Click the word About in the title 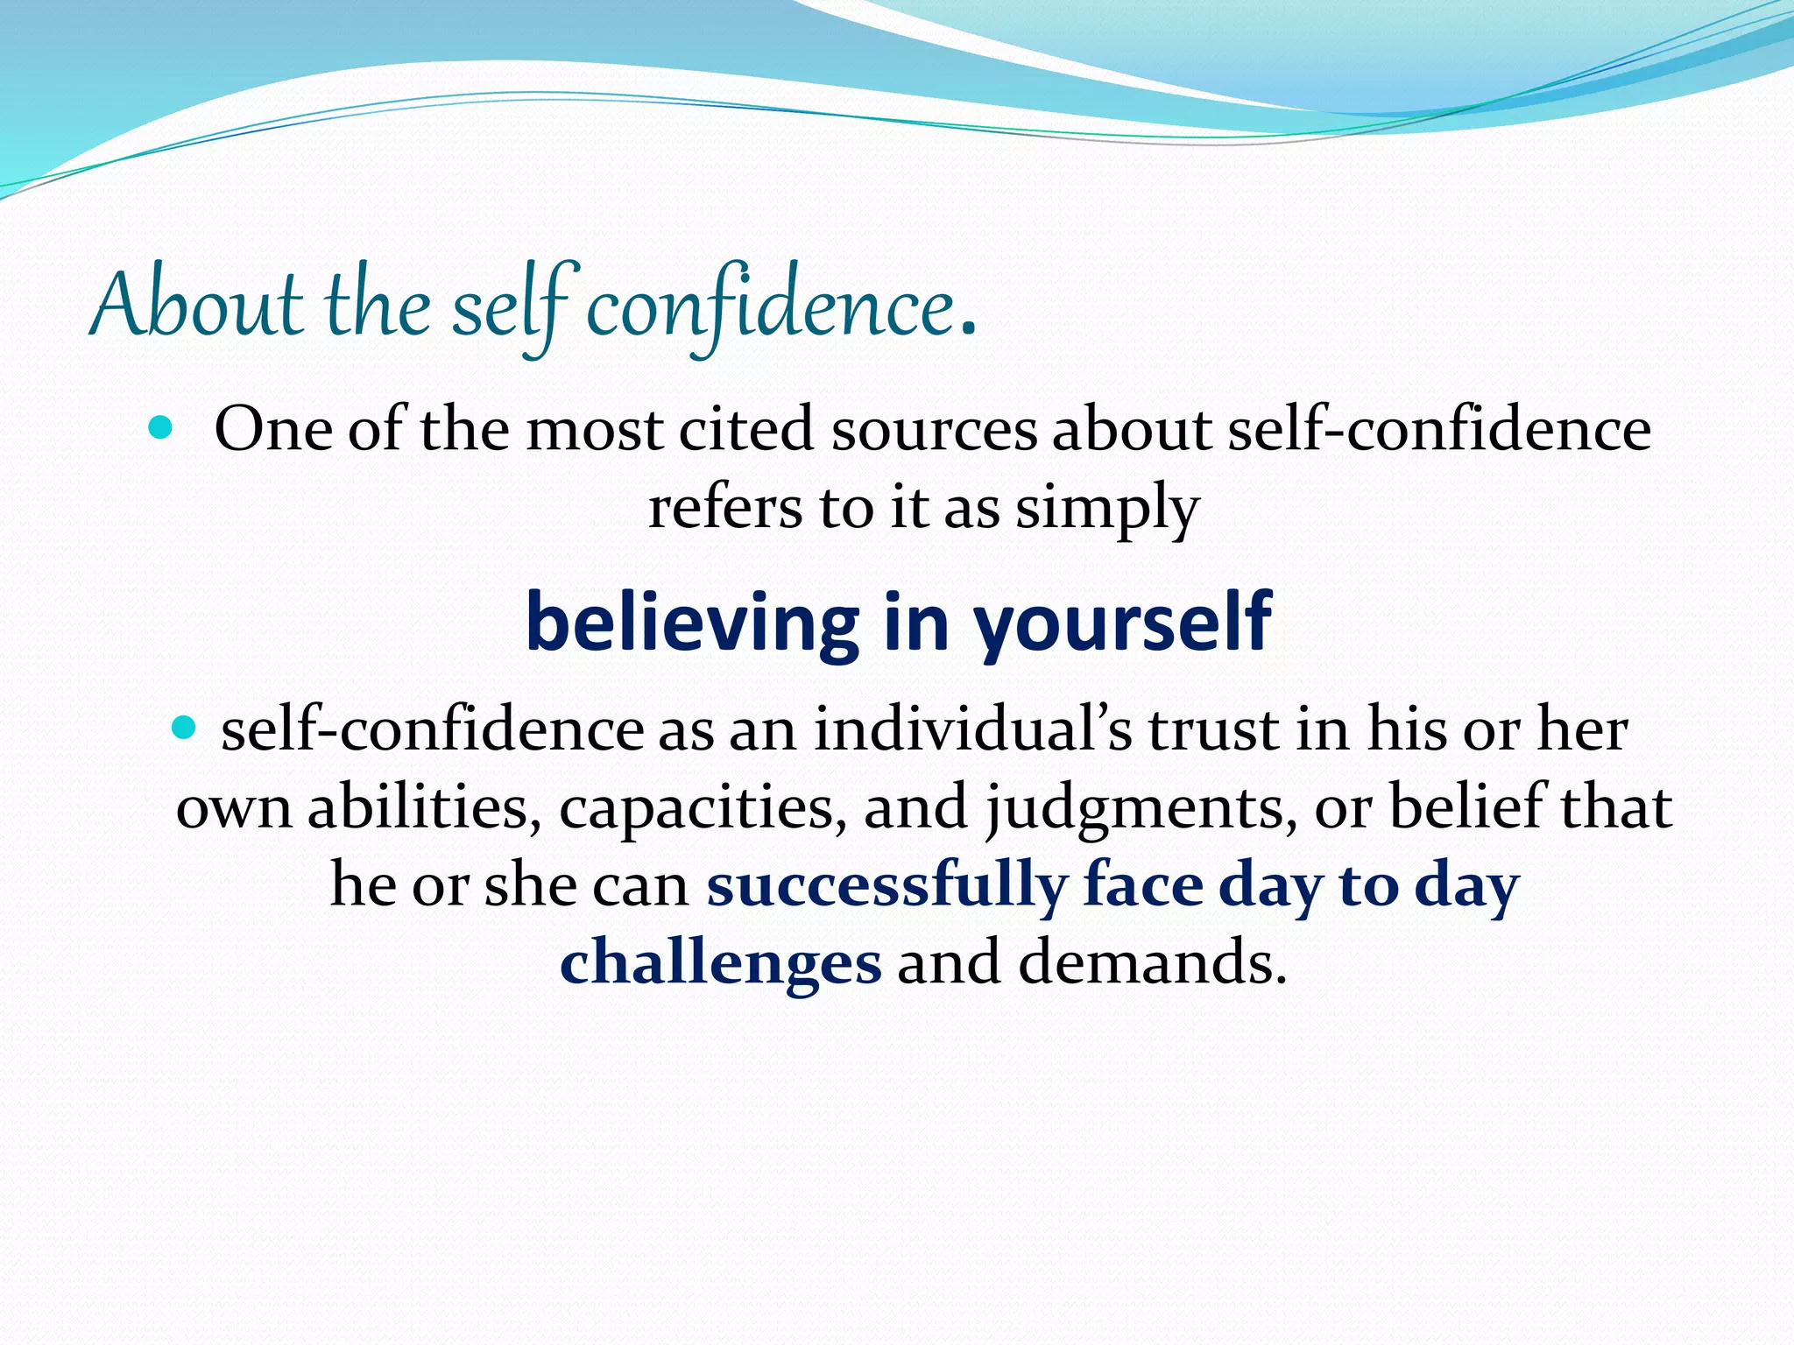195,306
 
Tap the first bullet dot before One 161,428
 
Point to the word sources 934,430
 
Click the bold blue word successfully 886,885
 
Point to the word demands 1151,962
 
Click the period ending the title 967,331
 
